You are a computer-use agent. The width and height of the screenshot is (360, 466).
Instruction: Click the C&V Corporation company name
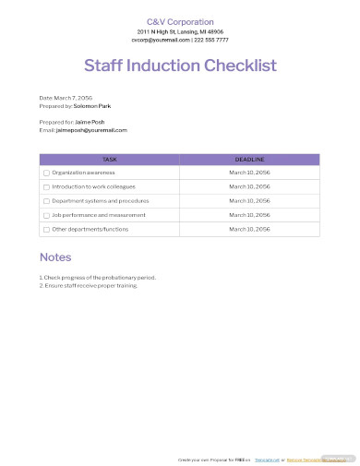click(x=180, y=22)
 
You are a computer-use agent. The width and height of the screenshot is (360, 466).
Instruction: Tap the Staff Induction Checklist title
click(x=180, y=66)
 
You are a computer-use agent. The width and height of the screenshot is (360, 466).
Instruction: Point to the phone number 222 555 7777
click(x=211, y=40)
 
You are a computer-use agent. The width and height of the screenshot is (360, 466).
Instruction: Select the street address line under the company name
click(x=180, y=31)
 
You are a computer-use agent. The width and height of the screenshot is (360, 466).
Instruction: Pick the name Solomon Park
click(x=92, y=105)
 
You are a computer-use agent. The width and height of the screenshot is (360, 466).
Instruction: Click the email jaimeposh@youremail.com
click(x=92, y=130)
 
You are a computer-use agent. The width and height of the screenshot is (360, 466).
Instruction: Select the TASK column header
click(x=109, y=159)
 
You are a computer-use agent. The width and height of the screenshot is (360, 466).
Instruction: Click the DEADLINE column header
click(x=249, y=159)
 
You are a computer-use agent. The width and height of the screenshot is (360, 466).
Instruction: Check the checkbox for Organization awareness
click(x=46, y=173)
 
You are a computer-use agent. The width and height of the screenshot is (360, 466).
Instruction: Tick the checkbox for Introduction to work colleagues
click(x=46, y=186)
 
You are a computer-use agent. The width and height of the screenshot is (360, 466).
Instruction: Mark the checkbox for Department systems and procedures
click(x=46, y=200)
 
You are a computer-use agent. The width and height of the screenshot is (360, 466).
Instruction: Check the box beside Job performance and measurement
click(x=46, y=214)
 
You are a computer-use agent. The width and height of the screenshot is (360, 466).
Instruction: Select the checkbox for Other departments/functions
click(x=46, y=228)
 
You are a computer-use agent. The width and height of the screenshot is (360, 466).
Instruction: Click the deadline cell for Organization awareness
click(x=249, y=173)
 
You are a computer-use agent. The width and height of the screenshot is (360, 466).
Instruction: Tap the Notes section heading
click(x=55, y=257)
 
